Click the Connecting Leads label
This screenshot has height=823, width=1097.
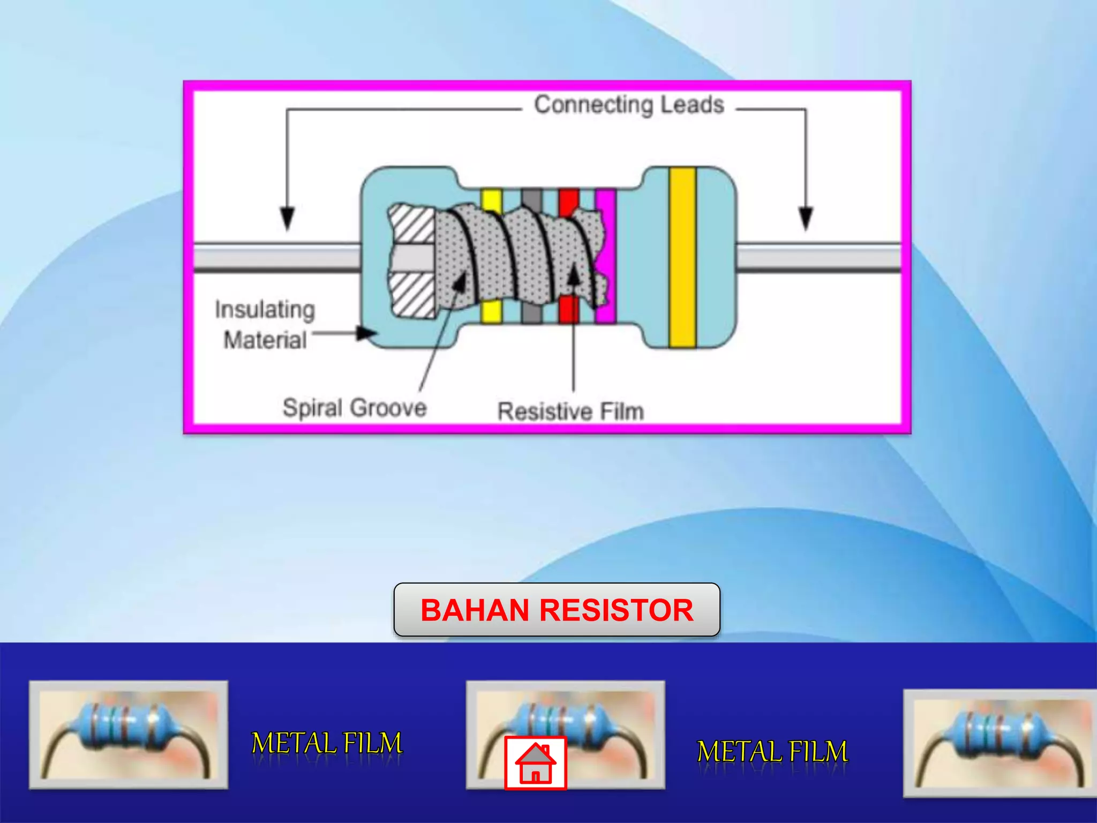click(x=629, y=105)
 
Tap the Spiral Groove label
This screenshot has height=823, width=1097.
click(x=354, y=408)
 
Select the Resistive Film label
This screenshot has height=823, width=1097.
click(x=570, y=411)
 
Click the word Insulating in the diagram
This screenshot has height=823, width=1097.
click(x=265, y=310)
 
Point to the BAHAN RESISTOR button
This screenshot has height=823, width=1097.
click(x=557, y=610)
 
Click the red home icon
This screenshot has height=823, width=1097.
click(x=535, y=763)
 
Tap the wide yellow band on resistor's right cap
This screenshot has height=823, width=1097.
click(x=682, y=257)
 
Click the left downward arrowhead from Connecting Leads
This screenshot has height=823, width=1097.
click(x=288, y=219)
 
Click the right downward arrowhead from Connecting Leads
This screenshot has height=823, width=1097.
click(x=806, y=219)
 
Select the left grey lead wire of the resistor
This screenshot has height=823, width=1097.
click(x=276, y=258)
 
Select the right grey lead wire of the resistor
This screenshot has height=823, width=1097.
click(x=818, y=258)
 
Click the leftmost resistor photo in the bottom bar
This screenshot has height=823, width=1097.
click(x=129, y=735)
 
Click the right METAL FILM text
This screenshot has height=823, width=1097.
click(x=772, y=752)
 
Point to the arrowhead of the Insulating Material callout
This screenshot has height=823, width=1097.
click(x=367, y=334)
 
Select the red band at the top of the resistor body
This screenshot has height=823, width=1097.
click(x=568, y=201)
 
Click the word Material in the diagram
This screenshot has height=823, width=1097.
click(x=265, y=340)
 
